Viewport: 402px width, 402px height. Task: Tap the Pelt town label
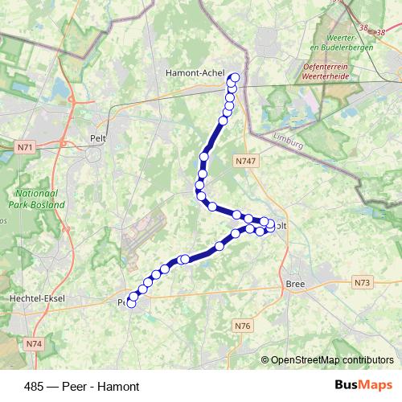(99, 138)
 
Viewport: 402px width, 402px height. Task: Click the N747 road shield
(246, 162)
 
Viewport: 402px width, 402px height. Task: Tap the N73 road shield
(362, 283)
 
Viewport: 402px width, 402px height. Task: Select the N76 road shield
(243, 325)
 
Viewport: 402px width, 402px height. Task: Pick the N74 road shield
(33, 344)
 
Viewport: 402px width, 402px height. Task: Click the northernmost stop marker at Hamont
(235, 78)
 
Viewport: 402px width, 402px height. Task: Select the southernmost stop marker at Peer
(131, 304)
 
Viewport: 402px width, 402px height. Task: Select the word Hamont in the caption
(120, 387)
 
